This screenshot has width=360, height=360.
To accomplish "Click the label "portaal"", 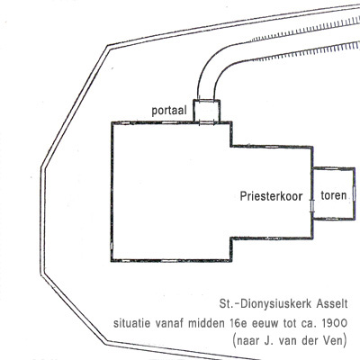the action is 169,111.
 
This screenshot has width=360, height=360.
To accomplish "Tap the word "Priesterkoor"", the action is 271,196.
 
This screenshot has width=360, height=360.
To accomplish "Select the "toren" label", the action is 334,195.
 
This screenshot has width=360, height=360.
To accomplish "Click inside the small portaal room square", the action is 206,112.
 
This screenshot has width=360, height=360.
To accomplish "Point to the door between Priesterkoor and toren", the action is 312,206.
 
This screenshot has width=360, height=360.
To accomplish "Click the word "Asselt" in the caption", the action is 332,304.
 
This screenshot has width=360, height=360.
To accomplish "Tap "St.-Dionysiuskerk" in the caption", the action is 266,304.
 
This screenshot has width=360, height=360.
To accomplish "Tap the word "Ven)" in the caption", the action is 336,341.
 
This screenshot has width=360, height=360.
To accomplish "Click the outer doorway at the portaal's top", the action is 206,101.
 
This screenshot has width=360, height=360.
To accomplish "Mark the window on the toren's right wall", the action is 355,193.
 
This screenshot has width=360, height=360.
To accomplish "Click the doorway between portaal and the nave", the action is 206,122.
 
